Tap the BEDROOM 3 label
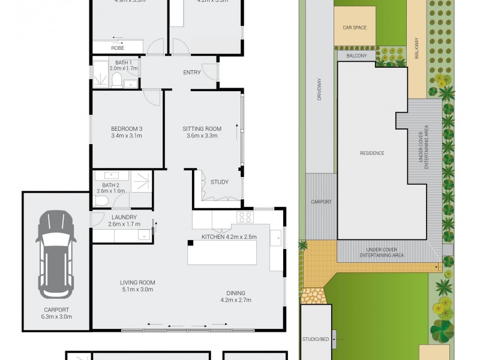click(127, 128)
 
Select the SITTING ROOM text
click(202, 128)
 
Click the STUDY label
click(219, 182)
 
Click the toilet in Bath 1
click(116, 81)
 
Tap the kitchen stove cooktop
click(244, 217)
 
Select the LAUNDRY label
click(124, 217)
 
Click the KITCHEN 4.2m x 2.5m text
click(229, 236)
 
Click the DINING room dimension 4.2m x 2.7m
click(236, 299)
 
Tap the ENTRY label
click(192, 73)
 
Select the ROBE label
click(118, 47)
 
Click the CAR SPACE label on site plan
click(355, 28)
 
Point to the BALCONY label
click(356, 56)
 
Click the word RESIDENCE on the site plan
click(371, 153)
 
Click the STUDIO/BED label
click(314, 340)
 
